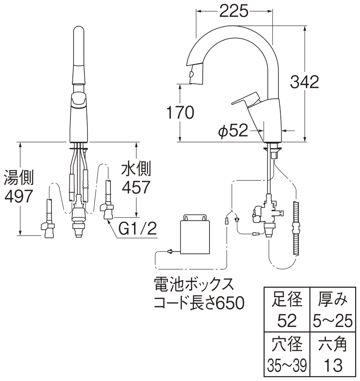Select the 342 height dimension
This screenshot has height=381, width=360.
click(x=304, y=82)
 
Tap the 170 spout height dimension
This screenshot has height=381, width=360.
click(x=179, y=112)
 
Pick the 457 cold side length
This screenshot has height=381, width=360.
click(x=135, y=186)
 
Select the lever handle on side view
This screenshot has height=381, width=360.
click(x=246, y=101)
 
